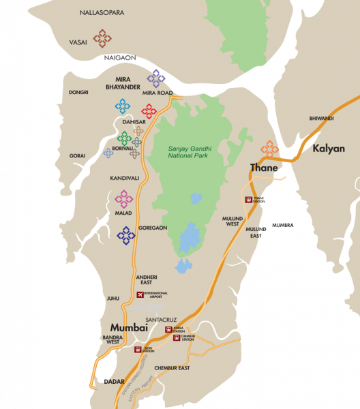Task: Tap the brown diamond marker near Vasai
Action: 102,38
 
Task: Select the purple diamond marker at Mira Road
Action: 156,78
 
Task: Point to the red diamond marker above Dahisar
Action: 149,110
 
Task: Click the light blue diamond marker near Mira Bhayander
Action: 123,106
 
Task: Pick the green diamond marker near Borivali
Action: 125,138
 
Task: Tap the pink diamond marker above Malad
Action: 124,198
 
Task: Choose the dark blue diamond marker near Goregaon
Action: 126,236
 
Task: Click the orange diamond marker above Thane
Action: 270,149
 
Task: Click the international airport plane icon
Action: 140,294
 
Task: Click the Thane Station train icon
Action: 249,200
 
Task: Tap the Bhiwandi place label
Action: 321,118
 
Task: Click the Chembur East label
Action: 171,368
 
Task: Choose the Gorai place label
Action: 77,155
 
